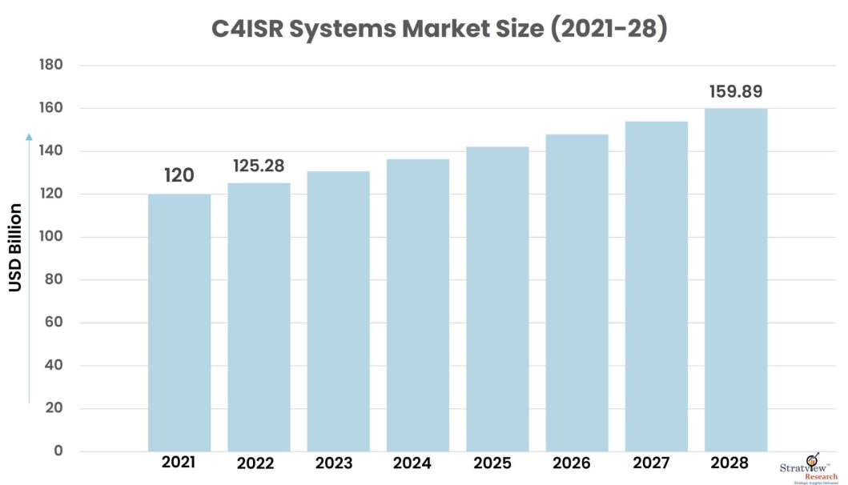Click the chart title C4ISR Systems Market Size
pyautogui.click(x=439, y=29)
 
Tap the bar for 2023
pyautogui.click(x=338, y=311)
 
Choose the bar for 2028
pyautogui.click(x=736, y=280)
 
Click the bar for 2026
pyautogui.click(x=577, y=293)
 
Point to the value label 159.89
pyautogui.click(x=736, y=91)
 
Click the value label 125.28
pyautogui.click(x=259, y=166)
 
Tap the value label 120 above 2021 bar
pyautogui.click(x=179, y=175)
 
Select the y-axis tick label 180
pyautogui.click(x=50, y=65)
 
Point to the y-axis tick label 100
pyautogui.click(x=50, y=237)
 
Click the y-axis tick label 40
pyautogui.click(x=54, y=366)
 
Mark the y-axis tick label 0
pyautogui.click(x=58, y=451)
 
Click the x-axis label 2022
pyautogui.click(x=255, y=463)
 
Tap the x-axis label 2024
pyautogui.click(x=412, y=463)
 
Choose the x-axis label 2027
pyautogui.click(x=652, y=463)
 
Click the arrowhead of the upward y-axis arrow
pyautogui.click(x=30, y=137)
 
